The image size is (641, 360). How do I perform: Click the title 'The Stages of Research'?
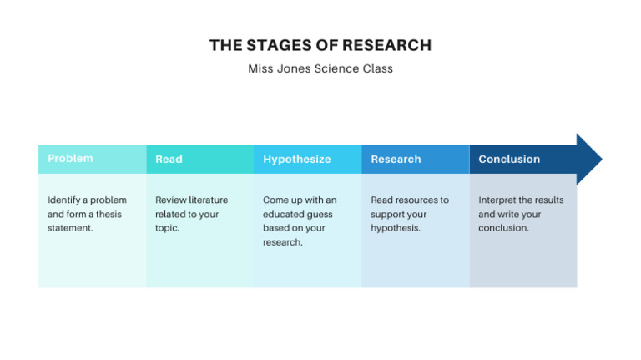320,45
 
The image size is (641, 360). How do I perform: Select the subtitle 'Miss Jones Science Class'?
320,68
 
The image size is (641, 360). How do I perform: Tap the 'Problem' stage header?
70,159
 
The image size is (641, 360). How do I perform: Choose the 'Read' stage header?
169,159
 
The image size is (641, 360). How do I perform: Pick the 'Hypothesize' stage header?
296,159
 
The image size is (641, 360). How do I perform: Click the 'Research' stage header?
396,159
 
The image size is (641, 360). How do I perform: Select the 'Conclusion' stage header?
509,159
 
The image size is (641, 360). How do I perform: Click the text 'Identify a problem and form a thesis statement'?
87,214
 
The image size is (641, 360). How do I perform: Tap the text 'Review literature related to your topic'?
191,214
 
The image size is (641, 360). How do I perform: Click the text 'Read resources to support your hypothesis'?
409,214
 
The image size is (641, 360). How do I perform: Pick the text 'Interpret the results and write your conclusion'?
520,214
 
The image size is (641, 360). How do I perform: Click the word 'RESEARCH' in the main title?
386,45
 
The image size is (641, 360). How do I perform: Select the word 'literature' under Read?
207,200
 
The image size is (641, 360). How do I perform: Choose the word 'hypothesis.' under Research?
396,227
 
